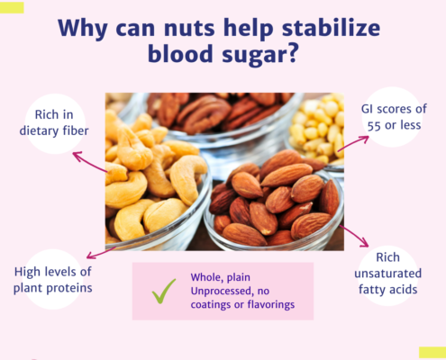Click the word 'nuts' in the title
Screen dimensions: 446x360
pos(189,28)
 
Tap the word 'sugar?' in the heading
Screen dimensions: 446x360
pos(259,54)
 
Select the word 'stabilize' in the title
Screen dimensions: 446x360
pos(332,27)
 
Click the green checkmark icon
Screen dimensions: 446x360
pos(164,291)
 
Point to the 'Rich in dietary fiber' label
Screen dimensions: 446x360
pos(54,122)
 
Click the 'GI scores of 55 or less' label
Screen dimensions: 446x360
pos(394,117)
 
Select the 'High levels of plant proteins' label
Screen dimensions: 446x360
pos(53,280)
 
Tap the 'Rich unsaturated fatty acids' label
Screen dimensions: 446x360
pos(387,274)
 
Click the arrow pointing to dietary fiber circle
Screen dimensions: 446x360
pos(89,161)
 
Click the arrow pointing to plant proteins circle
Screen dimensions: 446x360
pos(101,253)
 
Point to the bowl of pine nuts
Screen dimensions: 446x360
pos(317,129)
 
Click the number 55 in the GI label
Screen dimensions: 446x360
pos(374,126)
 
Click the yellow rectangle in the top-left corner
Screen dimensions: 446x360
pos(12,7)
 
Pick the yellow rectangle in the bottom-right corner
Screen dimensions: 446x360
pos(432,352)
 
